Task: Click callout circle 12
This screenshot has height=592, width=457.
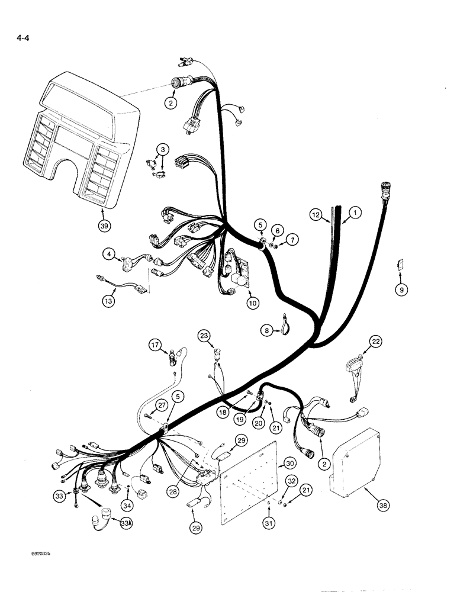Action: coord(317,214)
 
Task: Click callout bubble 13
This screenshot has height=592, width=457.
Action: coord(107,301)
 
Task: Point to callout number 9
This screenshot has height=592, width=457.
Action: coord(402,290)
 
